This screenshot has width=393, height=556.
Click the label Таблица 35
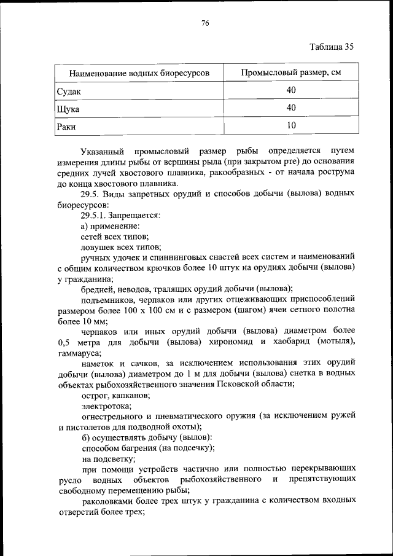pos(332,47)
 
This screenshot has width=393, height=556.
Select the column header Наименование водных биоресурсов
pos(139,73)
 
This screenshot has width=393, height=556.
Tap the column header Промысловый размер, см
pos(290,72)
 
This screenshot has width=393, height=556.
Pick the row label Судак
pos(69,91)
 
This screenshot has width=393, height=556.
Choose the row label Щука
pos(68,109)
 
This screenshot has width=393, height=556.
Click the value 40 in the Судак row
pos(290,90)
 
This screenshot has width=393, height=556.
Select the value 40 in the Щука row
pos(290,108)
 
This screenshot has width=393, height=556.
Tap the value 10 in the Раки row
pos(290,126)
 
